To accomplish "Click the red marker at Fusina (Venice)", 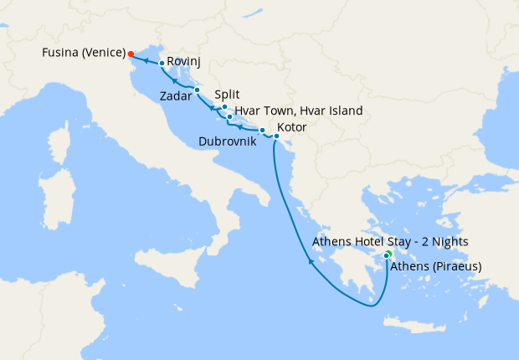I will coord(131,54).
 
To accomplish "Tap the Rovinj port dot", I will coord(162,63).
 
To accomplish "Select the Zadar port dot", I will coord(196,90).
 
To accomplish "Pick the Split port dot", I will coord(224,107).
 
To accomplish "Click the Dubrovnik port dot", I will coord(262,130).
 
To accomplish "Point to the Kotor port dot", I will coord(276,136).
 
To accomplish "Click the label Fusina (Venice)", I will coord(84,54).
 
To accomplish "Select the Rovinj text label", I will coord(183,61).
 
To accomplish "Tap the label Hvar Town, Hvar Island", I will coord(299,111).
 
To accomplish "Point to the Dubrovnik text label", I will coord(228,142).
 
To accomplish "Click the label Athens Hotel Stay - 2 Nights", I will coord(389,241).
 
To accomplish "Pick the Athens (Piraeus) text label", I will coord(435,267).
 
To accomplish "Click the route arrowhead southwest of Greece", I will coord(311,262).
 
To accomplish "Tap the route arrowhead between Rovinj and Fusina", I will coord(145,60).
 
